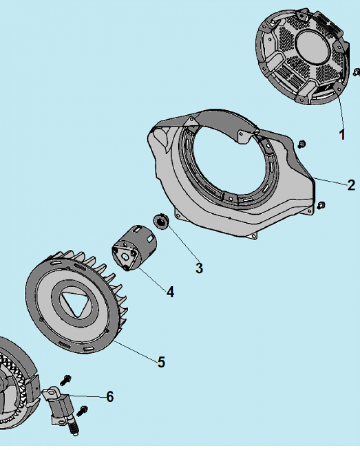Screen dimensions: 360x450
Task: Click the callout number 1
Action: click(342, 135)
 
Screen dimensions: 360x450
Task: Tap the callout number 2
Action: click(351, 185)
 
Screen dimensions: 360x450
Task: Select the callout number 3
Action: click(199, 268)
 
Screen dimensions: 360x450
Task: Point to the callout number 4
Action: click(170, 292)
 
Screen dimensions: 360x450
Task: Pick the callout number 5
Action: click(162, 362)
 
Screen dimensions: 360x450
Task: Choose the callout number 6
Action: click(110, 396)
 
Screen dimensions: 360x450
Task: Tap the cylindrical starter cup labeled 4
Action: click(134, 248)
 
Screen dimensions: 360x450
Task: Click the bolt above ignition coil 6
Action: click(66, 380)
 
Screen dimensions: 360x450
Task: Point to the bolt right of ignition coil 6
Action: click(82, 411)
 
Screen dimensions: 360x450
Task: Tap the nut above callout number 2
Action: click(301, 144)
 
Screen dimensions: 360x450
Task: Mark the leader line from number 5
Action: click(135, 351)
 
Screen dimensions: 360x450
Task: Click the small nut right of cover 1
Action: click(357, 72)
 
